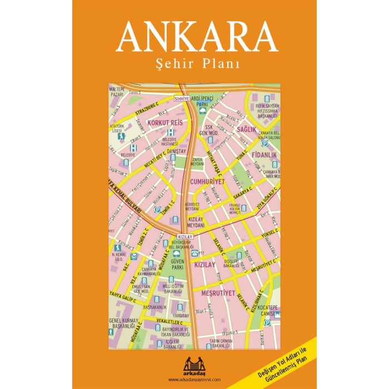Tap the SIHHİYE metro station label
182,98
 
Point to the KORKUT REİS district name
164,122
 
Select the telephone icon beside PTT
194,253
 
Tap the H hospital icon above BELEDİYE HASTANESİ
170,132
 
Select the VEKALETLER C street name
154,322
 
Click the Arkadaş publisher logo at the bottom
194,363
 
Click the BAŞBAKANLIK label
154,307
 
